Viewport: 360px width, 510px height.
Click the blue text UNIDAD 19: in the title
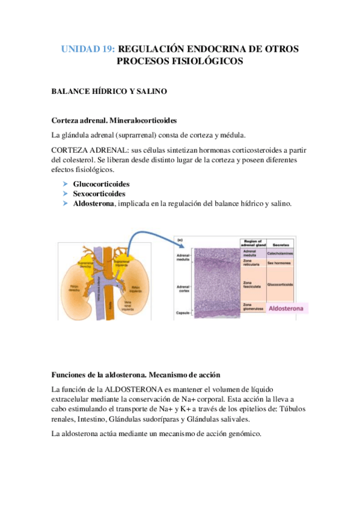click(x=88, y=49)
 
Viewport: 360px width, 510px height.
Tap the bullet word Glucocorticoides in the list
click(x=101, y=184)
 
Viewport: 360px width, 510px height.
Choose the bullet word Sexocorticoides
click(x=99, y=194)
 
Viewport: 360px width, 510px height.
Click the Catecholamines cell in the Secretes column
click(x=293, y=253)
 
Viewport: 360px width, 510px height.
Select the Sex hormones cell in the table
click(x=293, y=263)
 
